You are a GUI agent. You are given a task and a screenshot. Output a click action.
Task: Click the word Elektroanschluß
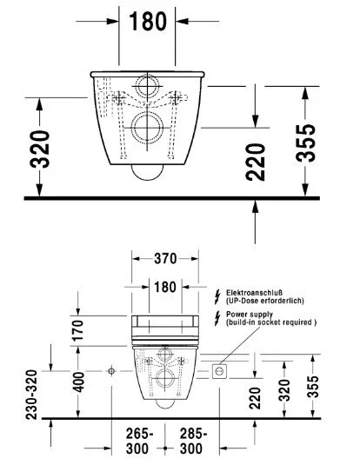[251, 293]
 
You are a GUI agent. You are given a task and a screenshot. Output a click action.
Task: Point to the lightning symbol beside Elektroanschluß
[217, 296]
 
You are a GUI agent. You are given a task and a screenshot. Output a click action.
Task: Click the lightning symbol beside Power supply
[217, 316]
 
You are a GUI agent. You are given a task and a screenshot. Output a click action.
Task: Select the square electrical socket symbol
[219, 371]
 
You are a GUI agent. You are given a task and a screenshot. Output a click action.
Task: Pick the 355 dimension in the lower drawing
[317, 382]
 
